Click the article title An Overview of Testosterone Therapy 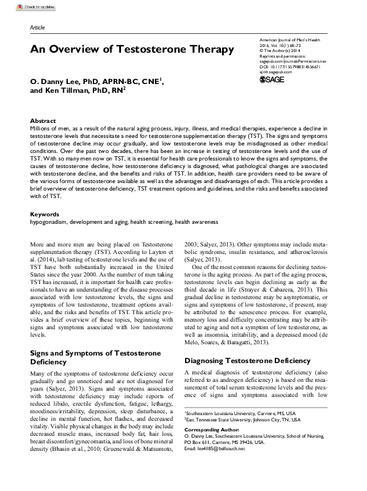pyautogui.click(x=132, y=49)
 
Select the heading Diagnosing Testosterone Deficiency pyautogui.click(x=248, y=361)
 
